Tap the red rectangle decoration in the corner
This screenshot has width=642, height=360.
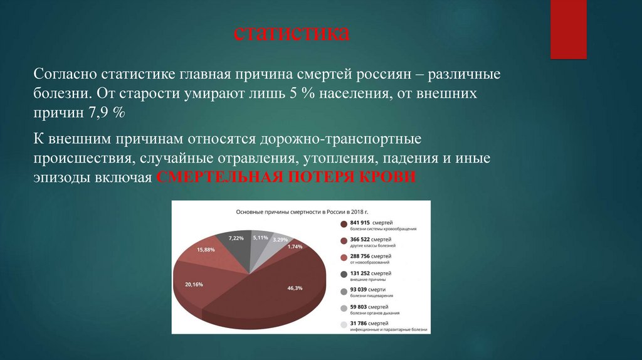(x=568, y=29)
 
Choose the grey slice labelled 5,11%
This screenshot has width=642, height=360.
(x=258, y=245)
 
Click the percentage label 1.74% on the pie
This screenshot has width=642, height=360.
(x=295, y=246)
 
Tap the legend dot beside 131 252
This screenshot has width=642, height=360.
(x=344, y=273)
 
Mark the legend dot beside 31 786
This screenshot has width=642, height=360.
(x=344, y=324)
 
